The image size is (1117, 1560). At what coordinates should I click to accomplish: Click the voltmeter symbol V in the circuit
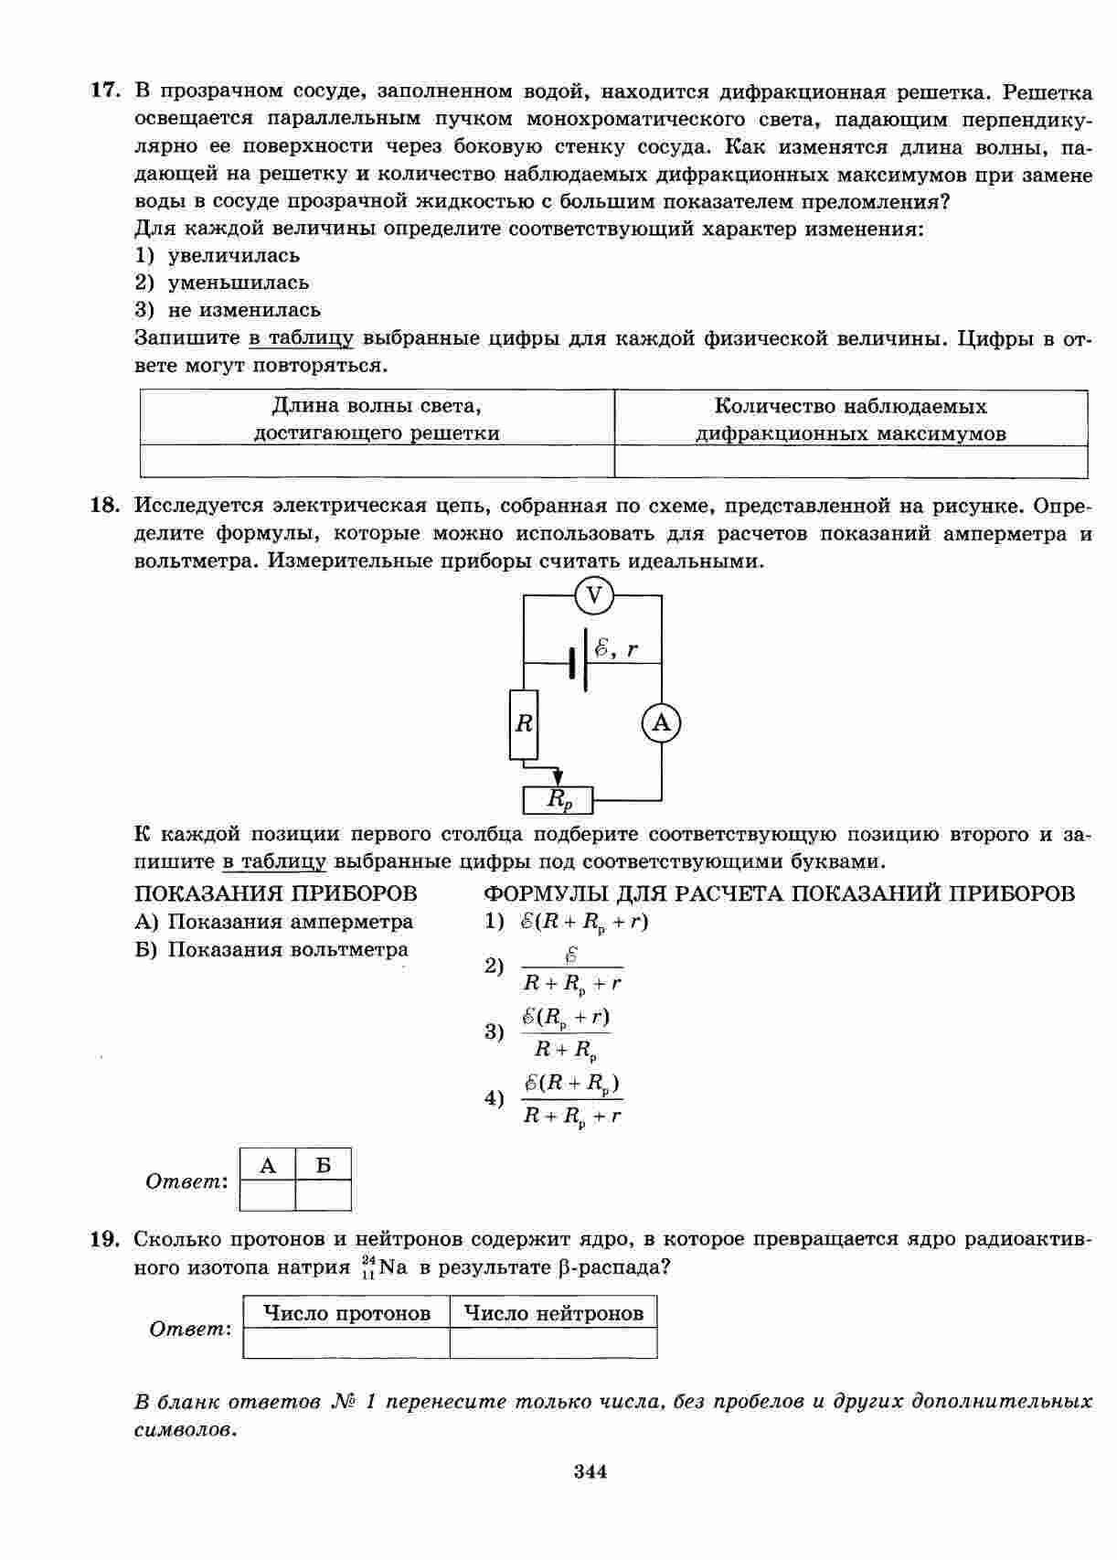[x=594, y=596]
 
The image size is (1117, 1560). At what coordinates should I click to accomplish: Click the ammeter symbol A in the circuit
[x=661, y=724]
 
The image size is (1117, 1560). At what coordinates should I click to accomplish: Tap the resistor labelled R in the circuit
[x=524, y=724]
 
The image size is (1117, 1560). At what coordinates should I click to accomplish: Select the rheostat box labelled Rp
[x=558, y=800]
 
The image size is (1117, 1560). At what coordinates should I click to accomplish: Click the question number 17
[x=104, y=91]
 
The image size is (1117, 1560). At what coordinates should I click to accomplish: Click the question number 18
[x=104, y=506]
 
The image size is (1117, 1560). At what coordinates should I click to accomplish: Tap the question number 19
[x=104, y=1240]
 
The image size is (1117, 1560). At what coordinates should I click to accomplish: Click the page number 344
[x=590, y=1471]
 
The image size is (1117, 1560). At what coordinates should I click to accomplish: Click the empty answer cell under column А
[x=268, y=1195]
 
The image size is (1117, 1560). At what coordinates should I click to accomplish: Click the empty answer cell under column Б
[x=324, y=1195]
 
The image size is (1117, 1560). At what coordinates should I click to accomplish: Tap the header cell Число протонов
[x=346, y=1313]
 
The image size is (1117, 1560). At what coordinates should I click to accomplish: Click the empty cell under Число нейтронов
[x=553, y=1342]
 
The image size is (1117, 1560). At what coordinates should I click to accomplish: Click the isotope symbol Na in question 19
[x=392, y=1268]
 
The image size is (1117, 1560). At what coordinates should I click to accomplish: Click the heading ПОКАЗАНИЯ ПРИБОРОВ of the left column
[x=275, y=893]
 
